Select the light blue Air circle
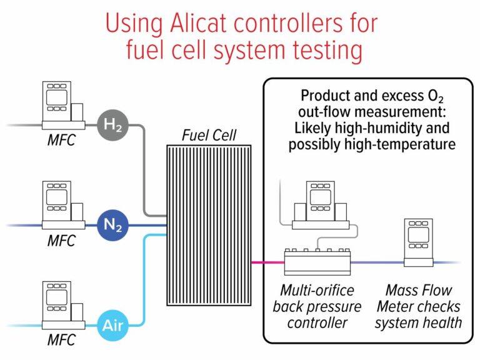(x=113, y=325)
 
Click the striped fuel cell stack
(x=209, y=225)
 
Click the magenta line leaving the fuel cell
(x=267, y=262)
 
